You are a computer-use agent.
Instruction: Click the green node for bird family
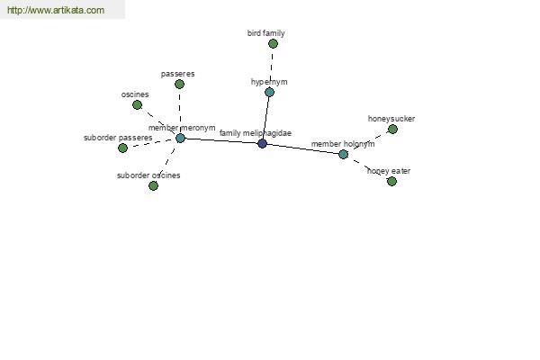273,44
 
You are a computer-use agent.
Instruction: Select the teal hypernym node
269,92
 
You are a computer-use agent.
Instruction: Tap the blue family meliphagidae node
262,143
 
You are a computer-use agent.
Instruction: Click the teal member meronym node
180,138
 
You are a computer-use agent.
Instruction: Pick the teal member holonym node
343,154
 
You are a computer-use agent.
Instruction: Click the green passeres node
179,84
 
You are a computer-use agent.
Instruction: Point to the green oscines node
137,104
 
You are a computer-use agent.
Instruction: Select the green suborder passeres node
122,148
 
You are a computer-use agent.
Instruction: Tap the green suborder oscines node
153,185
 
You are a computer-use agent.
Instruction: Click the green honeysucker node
392,130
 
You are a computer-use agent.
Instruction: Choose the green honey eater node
391,181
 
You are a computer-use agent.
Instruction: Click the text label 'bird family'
265,33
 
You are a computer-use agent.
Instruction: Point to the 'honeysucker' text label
391,119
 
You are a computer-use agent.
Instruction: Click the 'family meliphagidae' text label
256,133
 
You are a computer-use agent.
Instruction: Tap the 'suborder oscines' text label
148,175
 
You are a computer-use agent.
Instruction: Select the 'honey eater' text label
389,171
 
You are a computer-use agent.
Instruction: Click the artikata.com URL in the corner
56,10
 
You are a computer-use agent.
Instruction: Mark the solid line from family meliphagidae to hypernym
265,118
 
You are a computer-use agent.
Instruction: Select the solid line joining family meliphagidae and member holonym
302,148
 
